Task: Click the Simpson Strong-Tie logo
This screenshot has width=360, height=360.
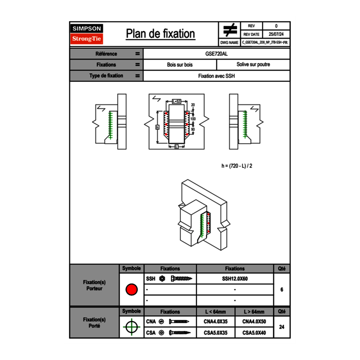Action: (x=87, y=34)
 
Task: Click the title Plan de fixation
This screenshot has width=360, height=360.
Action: (x=160, y=34)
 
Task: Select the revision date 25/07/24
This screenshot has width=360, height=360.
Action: (x=276, y=34)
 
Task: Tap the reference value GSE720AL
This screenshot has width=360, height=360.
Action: (x=217, y=54)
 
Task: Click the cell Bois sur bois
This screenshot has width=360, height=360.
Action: (x=180, y=65)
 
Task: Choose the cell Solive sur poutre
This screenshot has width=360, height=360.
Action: (x=253, y=65)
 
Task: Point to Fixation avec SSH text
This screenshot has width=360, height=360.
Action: (x=217, y=76)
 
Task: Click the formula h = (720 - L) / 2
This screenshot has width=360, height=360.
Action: (x=239, y=166)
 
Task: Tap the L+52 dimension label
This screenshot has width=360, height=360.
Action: (x=176, y=101)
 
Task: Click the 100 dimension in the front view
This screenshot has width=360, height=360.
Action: (x=193, y=119)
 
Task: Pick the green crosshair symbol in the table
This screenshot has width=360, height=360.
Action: (x=131, y=327)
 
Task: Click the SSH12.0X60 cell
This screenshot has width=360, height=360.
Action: (x=235, y=279)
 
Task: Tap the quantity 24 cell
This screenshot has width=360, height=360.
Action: (x=281, y=327)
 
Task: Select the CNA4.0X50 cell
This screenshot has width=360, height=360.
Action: (x=254, y=322)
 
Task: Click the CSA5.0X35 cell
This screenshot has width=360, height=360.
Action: (x=216, y=333)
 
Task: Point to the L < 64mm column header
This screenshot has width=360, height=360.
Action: (x=216, y=312)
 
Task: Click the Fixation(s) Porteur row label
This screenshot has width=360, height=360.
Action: (x=94, y=286)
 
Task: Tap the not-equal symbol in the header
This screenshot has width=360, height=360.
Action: (x=229, y=30)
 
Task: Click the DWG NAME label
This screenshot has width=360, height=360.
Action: (x=229, y=43)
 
